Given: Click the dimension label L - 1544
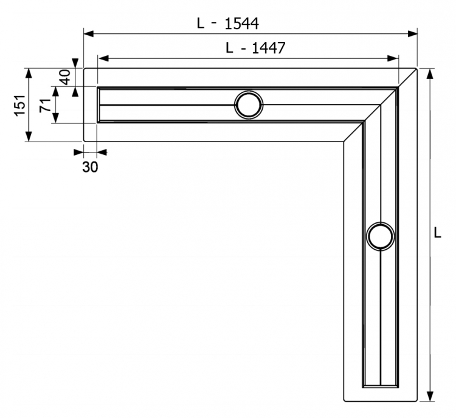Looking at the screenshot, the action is pos(228,23).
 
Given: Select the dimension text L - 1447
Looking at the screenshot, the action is pos(255,48).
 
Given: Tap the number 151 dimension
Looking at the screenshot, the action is pos(20,105).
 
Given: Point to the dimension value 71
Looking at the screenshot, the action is pos(45,105).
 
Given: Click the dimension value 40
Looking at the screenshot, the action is pos(66,77).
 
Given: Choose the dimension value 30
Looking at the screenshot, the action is pos(90,167).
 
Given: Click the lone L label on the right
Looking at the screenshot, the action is pos(437,233).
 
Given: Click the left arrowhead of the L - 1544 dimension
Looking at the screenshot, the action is pos(89,33).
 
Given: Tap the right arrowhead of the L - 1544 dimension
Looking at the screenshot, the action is pos(412,33).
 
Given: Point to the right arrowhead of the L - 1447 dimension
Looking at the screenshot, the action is pos(393,58).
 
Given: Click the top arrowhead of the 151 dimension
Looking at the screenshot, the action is pos(29,74).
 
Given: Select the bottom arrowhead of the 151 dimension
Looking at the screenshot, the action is pos(29,136).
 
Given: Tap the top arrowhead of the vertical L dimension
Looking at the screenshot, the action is pos(430,74).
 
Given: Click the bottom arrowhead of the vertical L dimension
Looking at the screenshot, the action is pos(430,396).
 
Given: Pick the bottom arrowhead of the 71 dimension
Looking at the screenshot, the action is pos(55,118).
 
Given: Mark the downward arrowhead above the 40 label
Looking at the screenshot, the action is pos(75,63).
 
